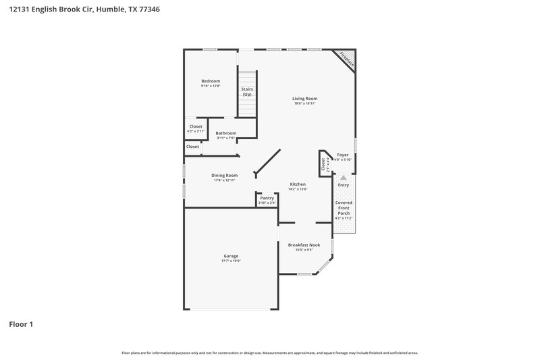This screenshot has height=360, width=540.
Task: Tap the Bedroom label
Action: pos(211,81)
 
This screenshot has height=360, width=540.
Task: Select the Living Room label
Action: pos(305,99)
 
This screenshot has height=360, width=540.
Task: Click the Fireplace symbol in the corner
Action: pos(348,57)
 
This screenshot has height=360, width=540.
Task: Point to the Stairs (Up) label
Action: pos(247,92)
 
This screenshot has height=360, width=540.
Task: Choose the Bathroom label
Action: pos(226,133)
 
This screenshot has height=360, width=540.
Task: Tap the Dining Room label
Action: pos(225,176)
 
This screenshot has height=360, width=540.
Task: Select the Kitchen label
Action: pos(298,184)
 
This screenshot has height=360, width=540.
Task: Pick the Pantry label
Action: pos(267,199)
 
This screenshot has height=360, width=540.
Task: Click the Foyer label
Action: pos(343,155)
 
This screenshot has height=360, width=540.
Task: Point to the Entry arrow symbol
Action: pos(343,178)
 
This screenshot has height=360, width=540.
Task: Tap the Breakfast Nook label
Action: pos(304,245)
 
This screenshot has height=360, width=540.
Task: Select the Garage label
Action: pos(231,256)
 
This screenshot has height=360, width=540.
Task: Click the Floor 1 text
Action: pos(21,324)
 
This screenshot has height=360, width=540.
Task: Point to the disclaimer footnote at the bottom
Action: pos(270,353)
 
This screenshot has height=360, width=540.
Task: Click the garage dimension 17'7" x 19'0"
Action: pos(231,261)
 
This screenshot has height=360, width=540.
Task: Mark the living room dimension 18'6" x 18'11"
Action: pos(305,103)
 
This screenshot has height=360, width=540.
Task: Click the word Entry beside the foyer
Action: pos(344,185)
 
